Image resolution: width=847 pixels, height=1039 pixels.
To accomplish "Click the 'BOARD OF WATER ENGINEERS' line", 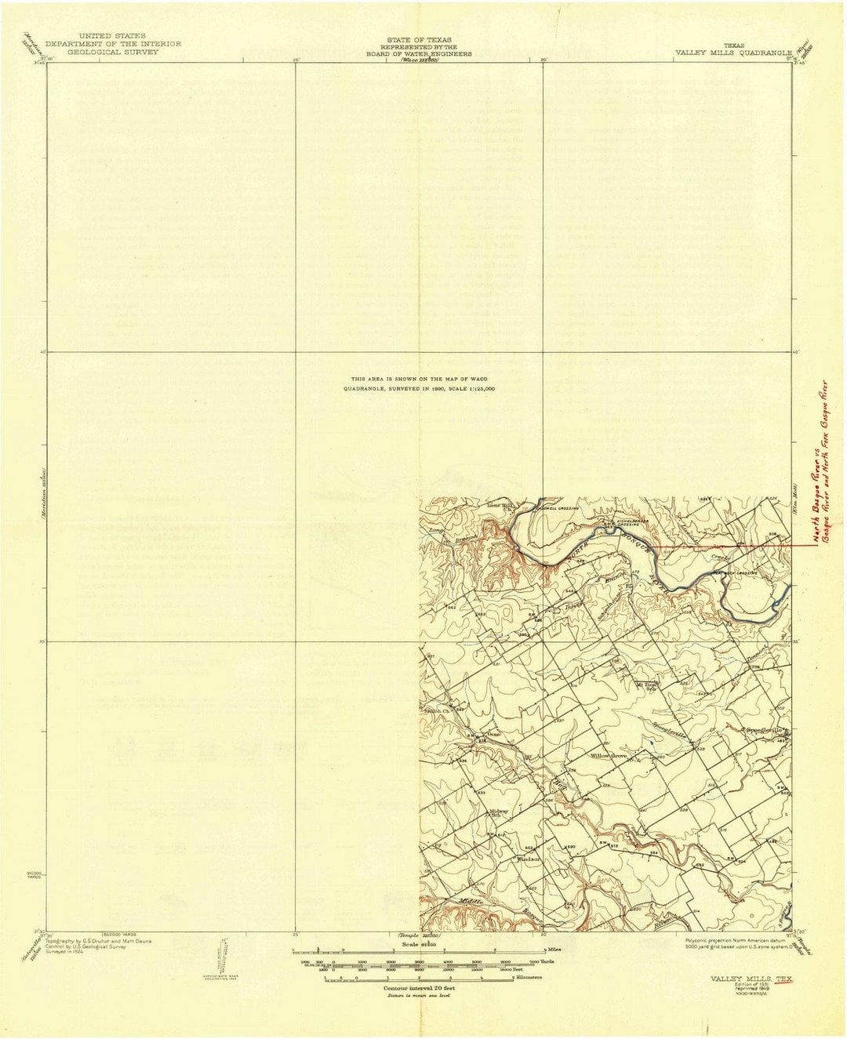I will tap(429, 54).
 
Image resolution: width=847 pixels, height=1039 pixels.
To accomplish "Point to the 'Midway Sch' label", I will tap(500, 813).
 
